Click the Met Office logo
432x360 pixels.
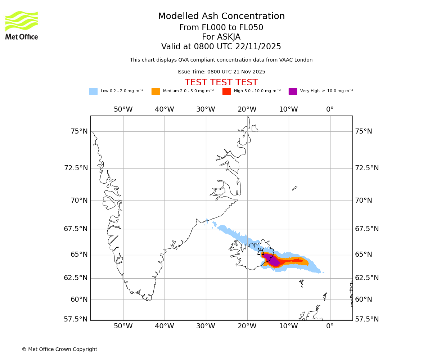pyautogui.click(x=22, y=25)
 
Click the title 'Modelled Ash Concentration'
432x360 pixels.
pyautogui.click(x=221, y=17)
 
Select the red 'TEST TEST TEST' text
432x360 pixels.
pyautogui.click(x=221, y=83)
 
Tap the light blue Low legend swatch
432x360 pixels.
pyautogui.click(x=93, y=91)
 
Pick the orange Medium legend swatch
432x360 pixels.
pyautogui.click(x=156, y=91)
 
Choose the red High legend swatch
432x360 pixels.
pyautogui.click(x=226, y=91)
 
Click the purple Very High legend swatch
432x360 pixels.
pyautogui.click(x=293, y=91)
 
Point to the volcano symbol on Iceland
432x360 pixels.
pyautogui.click(x=261, y=252)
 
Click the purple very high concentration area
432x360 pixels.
pyautogui.click(x=274, y=261)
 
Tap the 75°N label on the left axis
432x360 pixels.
pyautogui.click(x=79, y=131)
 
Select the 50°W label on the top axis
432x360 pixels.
pyautogui.click(x=123, y=109)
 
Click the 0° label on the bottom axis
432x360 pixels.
pyautogui.click(x=330, y=327)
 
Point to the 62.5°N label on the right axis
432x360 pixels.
pyautogui.click(x=367, y=278)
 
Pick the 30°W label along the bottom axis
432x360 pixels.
pyautogui.click(x=206, y=327)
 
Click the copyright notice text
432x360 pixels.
pyautogui.click(x=59, y=350)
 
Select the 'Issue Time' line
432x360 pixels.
pyautogui.click(x=221, y=72)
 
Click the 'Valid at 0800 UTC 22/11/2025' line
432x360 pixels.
pyautogui.click(x=221, y=47)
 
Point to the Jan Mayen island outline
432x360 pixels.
pyautogui.click(x=294, y=188)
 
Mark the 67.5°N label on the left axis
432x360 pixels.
pyautogui.click(x=76, y=229)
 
